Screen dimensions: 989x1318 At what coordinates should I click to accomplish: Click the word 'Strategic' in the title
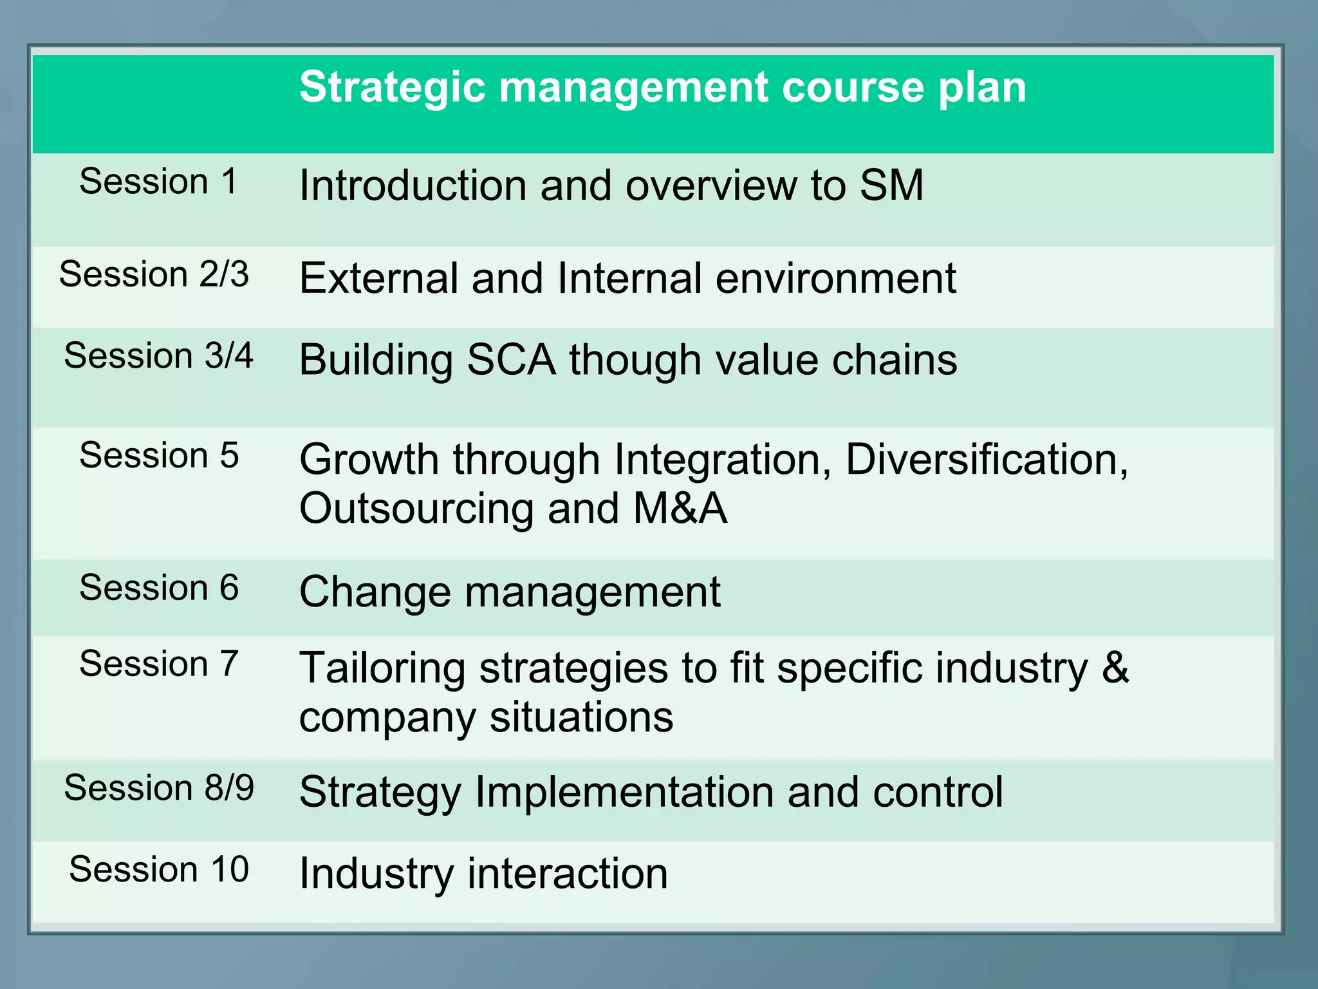click(392, 88)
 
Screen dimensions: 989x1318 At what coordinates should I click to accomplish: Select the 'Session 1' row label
click(158, 182)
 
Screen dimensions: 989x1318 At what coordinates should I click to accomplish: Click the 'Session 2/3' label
click(154, 274)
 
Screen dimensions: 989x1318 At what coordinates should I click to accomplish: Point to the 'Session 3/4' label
click(158, 356)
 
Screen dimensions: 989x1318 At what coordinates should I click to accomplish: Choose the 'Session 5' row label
click(158, 456)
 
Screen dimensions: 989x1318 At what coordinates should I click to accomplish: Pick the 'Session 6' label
click(158, 588)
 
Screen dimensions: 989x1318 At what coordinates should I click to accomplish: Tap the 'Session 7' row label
click(158, 664)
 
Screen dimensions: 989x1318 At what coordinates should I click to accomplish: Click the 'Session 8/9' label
click(158, 788)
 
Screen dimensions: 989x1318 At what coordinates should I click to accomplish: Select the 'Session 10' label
click(158, 870)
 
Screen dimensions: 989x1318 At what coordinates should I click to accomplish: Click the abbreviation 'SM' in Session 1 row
click(891, 186)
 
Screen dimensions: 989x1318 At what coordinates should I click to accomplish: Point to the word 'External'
click(378, 279)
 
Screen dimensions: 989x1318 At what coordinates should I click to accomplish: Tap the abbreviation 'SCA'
click(511, 360)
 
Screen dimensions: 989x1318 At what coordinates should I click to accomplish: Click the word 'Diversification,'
click(987, 460)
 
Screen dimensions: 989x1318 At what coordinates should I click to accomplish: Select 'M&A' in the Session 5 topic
click(680, 509)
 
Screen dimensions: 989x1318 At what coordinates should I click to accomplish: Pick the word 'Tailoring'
click(382, 668)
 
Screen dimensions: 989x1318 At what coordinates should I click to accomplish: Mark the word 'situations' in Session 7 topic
click(581, 717)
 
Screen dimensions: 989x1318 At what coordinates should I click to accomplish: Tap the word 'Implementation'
click(624, 792)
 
